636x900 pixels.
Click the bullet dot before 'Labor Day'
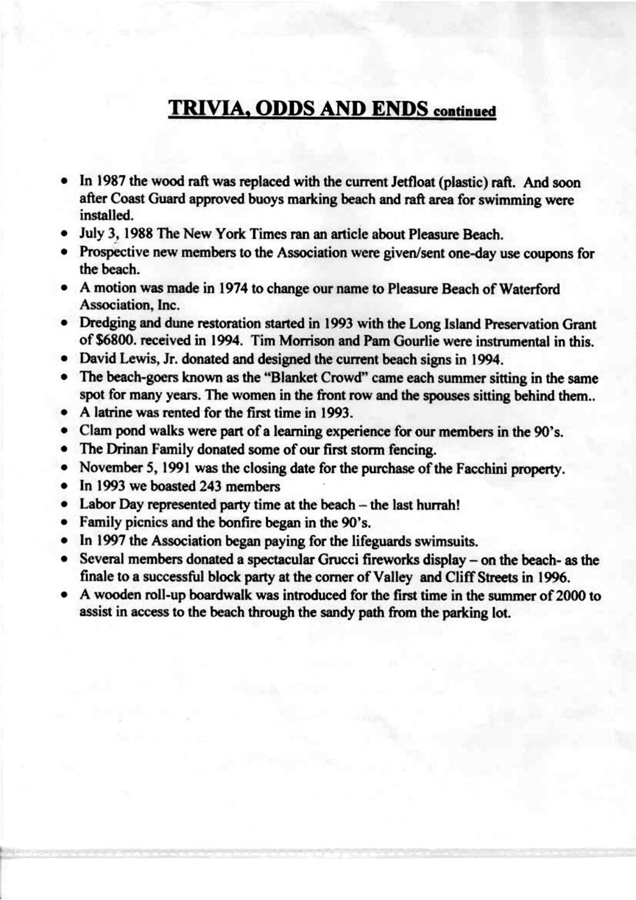pyautogui.click(x=64, y=504)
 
